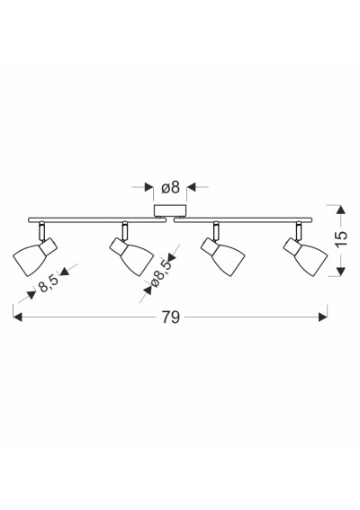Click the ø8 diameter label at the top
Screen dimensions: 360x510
tap(170, 187)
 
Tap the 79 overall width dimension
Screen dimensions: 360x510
tap(171, 318)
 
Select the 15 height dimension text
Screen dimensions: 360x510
tap(341, 239)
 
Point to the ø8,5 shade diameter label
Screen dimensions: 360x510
tap(161, 273)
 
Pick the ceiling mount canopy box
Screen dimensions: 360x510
tap(170, 210)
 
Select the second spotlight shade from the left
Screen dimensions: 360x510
tap(136, 260)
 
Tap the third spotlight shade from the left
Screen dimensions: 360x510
tap(227, 260)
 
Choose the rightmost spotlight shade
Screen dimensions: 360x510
tap(310, 260)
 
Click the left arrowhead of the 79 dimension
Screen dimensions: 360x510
tap(17, 318)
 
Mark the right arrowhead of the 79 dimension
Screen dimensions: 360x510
tap(323, 318)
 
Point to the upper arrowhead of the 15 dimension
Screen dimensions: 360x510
tap(341, 210)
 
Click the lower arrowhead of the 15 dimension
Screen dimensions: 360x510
tap(341, 272)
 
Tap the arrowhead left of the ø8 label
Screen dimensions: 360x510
tap(149, 187)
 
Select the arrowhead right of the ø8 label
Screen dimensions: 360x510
tap(191, 187)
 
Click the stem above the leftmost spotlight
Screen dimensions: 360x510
tap(41, 232)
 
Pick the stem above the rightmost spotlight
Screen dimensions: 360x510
tap(298, 231)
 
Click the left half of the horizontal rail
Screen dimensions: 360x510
tap(97, 219)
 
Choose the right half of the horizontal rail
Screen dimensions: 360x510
tap(243, 219)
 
